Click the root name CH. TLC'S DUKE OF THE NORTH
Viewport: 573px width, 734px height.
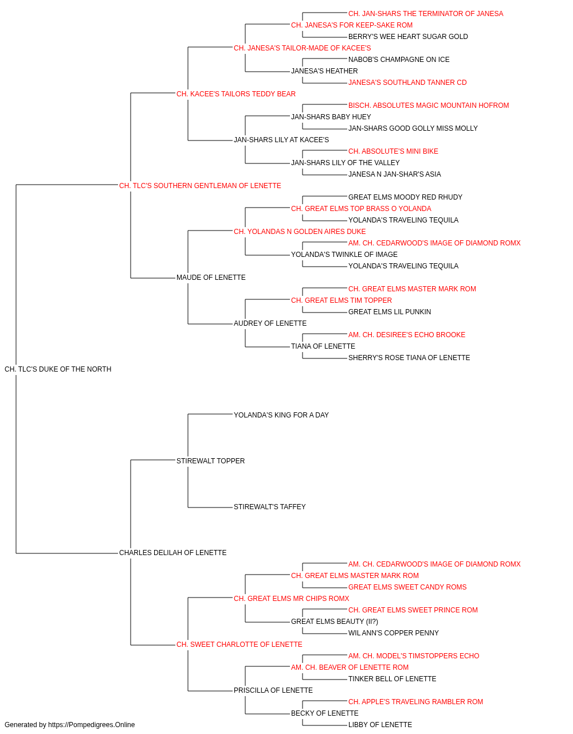tap(58, 369)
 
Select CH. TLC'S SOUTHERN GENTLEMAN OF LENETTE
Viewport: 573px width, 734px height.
tap(200, 186)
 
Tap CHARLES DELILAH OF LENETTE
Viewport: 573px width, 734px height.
tap(173, 553)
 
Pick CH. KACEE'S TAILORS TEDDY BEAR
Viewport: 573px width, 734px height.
tap(236, 94)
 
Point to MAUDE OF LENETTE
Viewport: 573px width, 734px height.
tap(211, 278)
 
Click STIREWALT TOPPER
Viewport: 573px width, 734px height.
tap(210, 460)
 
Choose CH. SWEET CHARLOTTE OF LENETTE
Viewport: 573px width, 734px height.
tap(240, 645)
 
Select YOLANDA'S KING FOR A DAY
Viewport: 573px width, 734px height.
tap(281, 415)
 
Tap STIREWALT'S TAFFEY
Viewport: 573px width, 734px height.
tap(270, 507)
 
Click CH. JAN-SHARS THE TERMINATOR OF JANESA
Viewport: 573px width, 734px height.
tap(426, 14)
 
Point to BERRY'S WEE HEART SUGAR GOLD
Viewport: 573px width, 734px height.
tap(408, 37)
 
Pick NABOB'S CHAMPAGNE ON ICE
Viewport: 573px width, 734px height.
tap(399, 60)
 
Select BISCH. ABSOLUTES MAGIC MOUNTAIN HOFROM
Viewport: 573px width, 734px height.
tap(429, 106)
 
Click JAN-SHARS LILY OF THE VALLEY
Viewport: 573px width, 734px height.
tap(345, 163)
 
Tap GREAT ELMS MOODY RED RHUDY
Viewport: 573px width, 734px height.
tap(405, 197)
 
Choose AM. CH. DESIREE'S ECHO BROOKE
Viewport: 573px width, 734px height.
tap(407, 335)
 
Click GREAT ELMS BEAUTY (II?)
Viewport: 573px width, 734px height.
tap(335, 622)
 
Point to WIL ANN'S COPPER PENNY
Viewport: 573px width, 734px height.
tap(394, 633)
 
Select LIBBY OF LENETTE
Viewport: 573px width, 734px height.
tap(380, 725)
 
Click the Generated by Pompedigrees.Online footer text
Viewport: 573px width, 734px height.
tap(69, 725)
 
